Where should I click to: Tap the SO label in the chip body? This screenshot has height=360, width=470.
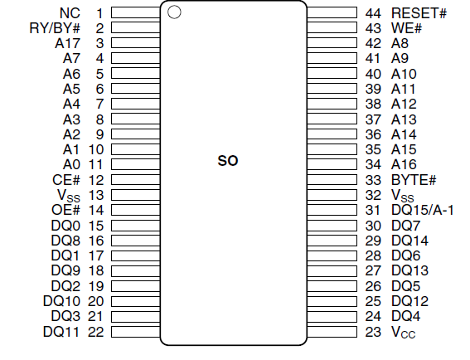[x=228, y=161]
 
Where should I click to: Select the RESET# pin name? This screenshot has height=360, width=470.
[x=419, y=13]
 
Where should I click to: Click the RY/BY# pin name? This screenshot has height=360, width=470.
[x=55, y=28]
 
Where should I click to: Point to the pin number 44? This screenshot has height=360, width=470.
[x=373, y=13]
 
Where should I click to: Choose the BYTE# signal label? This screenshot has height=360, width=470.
[x=414, y=180]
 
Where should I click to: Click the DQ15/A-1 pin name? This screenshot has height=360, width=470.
[x=423, y=210]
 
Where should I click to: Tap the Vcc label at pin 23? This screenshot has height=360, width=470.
[x=404, y=332]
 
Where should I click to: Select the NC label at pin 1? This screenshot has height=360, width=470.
[x=70, y=13]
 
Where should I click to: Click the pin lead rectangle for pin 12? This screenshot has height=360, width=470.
[x=135, y=180]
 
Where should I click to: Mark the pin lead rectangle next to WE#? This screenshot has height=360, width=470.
[x=332, y=27]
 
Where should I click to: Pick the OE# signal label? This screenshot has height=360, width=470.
[x=66, y=210]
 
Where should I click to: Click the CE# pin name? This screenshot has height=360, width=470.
[x=66, y=180]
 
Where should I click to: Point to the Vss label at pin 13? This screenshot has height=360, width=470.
[x=69, y=196]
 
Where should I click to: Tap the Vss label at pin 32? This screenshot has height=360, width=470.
[x=403, y=196]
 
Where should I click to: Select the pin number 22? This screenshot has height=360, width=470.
[x=96, y=332]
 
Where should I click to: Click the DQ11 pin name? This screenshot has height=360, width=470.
[x=61, y=332]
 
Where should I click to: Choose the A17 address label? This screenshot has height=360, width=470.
[x=68, y=43]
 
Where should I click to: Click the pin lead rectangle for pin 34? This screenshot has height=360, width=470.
[x=332, y=164]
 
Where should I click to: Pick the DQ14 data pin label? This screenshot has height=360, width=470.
[x=410, y=241]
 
